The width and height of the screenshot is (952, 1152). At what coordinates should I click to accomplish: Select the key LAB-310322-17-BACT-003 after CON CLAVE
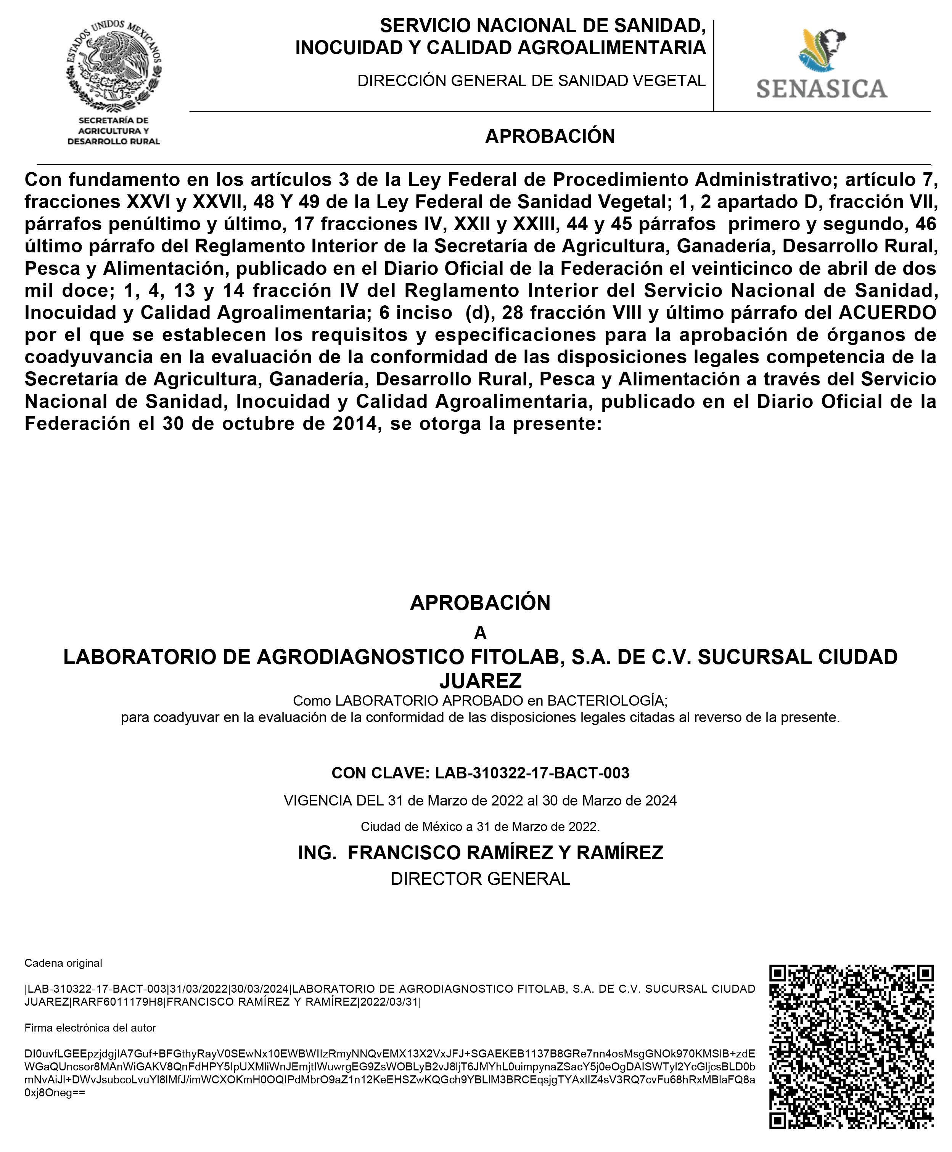tap(532, 773)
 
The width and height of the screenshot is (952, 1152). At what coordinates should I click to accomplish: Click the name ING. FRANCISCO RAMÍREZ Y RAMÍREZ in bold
tap(481, 852)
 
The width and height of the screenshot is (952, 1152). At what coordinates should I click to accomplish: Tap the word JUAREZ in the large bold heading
tap(481, 681)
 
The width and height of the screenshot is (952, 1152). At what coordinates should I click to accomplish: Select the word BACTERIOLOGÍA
tap(605, 700)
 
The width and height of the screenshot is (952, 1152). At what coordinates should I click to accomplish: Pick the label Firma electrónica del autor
tap(90, 1028)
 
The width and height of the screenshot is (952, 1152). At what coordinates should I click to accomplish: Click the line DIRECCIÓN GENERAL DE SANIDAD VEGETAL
tap(531, 81)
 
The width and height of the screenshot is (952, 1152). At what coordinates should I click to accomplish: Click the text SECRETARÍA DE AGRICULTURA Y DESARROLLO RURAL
tap(114, 130)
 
